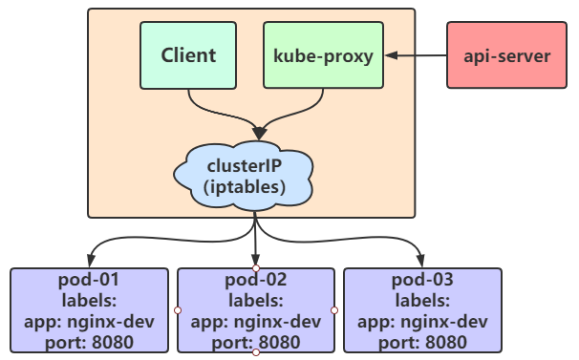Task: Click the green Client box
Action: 188,54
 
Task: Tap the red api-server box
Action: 506,55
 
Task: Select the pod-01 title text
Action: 90,281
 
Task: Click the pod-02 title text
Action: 256,281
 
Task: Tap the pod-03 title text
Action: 422,281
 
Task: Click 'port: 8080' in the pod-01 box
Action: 90,341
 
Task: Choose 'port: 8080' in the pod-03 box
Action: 422,341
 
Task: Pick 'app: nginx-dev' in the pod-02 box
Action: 256,321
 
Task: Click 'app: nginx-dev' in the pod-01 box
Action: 90,321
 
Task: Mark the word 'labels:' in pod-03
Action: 422,301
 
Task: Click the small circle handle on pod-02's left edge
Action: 178,310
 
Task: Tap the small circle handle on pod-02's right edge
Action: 334,310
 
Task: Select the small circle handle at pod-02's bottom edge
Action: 256,353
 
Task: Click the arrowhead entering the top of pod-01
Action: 90,262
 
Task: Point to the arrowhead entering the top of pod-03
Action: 422,262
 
